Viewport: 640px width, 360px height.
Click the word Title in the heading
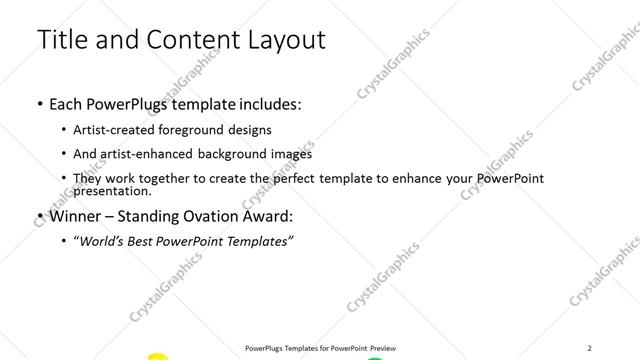[62, 39]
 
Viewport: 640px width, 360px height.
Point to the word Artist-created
[116, 130]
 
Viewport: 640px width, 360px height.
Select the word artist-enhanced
[147, 154]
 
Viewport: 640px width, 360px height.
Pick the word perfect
[308, 178]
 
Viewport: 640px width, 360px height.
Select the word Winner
[77, 216]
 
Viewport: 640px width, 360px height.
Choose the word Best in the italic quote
[146, 241]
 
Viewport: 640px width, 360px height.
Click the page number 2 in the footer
[589, 347]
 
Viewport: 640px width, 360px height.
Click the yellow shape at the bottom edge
[157, 357]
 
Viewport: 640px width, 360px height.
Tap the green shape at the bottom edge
[374, 358]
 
